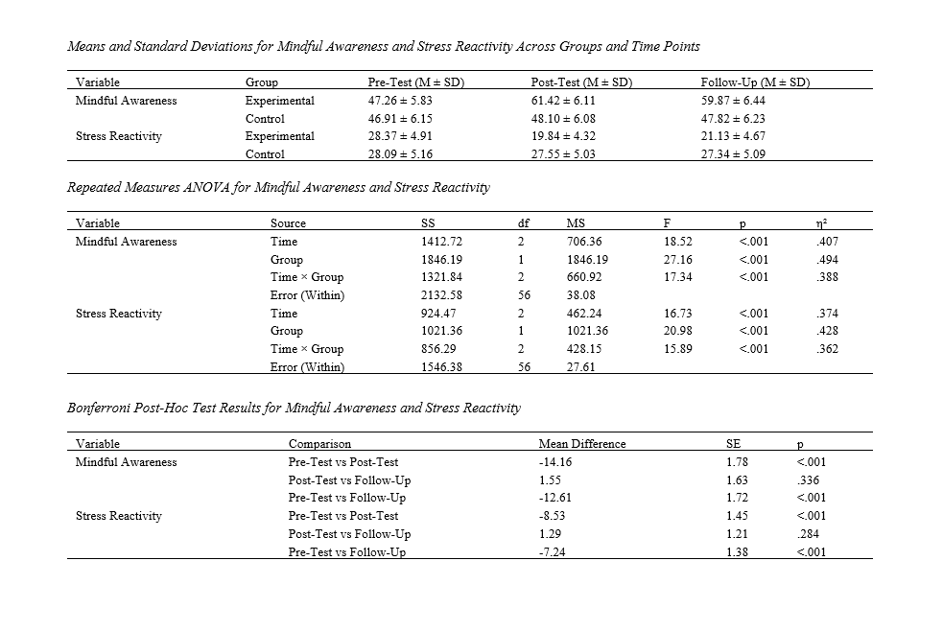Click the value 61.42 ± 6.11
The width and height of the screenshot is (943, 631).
tap(563, 100)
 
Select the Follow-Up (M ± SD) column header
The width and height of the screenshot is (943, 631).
tap(756, 82)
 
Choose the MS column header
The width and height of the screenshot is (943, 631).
tap(576, 223)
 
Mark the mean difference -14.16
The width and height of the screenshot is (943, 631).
tap(555, 462)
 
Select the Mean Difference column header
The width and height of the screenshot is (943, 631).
tap(581, 444)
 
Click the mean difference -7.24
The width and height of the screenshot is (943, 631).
tap(553, 552)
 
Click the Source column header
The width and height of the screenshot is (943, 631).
tap(288, 223)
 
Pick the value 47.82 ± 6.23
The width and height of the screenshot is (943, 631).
tap(734, 119)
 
